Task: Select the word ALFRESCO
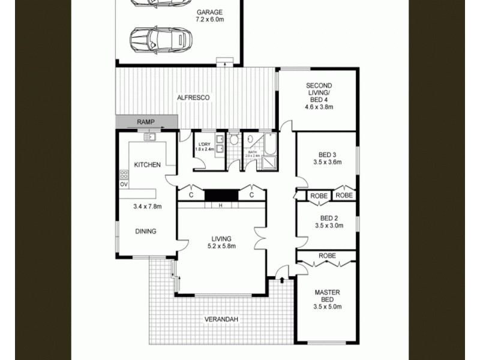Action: click(193, 97)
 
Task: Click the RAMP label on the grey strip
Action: click(146, 122)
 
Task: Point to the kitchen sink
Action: click(149, 137)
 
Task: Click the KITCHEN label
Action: click(146, 164)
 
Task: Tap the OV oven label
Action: click(124, 184)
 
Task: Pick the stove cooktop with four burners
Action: click(124, 175)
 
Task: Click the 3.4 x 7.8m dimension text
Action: click(148, 207)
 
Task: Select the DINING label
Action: click(145, 231)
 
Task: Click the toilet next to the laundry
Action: click(234, 140)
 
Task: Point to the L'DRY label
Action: click(203, 145)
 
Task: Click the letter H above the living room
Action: click(220, 206)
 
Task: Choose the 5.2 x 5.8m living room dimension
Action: click(221, 246)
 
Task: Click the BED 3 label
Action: click(327, 154)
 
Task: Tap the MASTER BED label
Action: click(328, 296)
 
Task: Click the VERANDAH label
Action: click(221, 320)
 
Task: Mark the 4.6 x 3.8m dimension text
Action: click(319, 107)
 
